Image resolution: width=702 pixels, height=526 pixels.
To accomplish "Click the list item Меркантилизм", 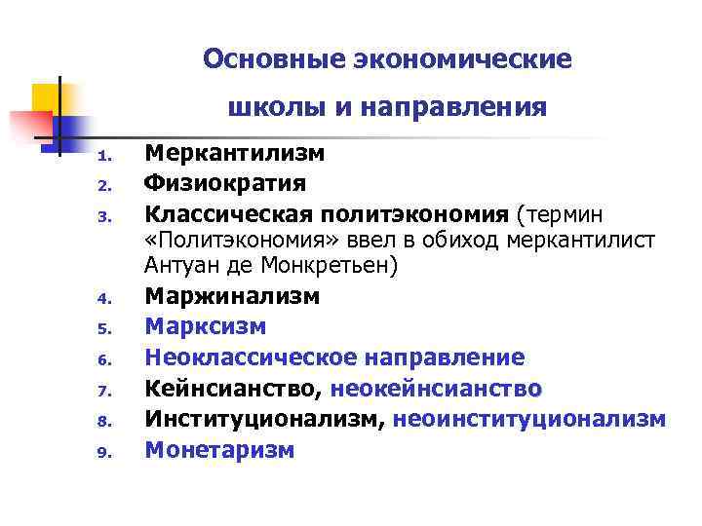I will [x=235, y=154].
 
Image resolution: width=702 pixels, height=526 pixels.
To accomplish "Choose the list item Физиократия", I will [x=225, y=183].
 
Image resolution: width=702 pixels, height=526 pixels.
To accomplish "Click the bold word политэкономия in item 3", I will [x=424, y=212].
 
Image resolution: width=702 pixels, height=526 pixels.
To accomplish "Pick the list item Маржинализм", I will [x=232, y=296].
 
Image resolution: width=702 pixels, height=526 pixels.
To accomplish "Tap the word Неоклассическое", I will [x=250, y=357].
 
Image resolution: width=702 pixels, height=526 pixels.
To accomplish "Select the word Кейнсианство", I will [x=233, y=389].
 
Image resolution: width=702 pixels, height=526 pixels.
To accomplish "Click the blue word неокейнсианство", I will [x=436, y=389].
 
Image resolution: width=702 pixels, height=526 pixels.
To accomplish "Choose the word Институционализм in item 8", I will [x=264, y=419].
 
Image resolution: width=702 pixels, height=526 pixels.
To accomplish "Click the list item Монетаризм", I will [x=219, y=450].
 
